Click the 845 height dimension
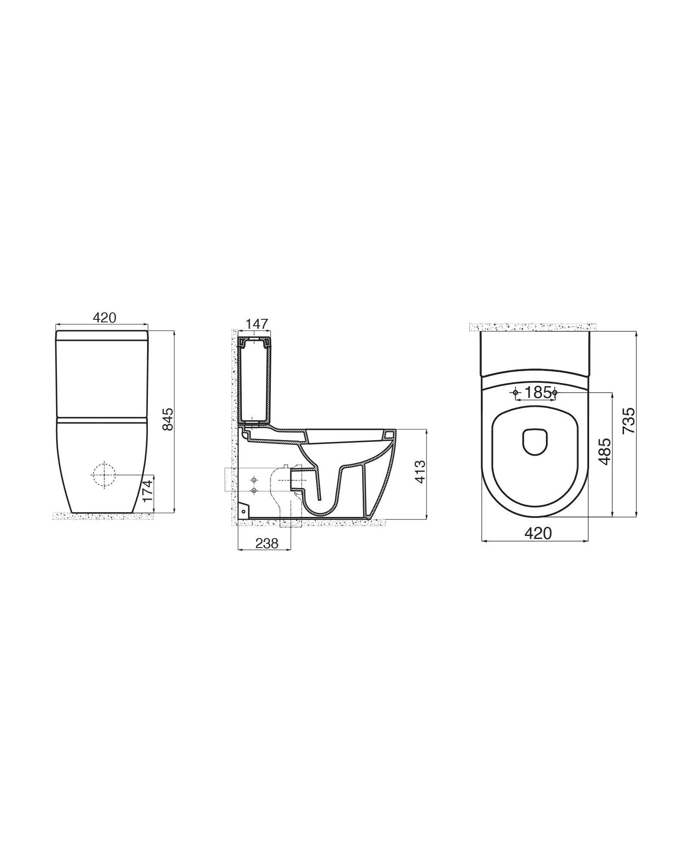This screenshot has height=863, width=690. [x=169, y=419]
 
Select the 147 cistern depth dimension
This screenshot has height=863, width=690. [x=257, y=324]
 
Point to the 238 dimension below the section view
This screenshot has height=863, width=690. [x=267, y=544]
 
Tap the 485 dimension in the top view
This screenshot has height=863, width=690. [x=605, y=452]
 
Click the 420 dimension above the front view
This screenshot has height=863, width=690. [x=105, y=318]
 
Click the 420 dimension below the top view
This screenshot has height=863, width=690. [x=538, y=533]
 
